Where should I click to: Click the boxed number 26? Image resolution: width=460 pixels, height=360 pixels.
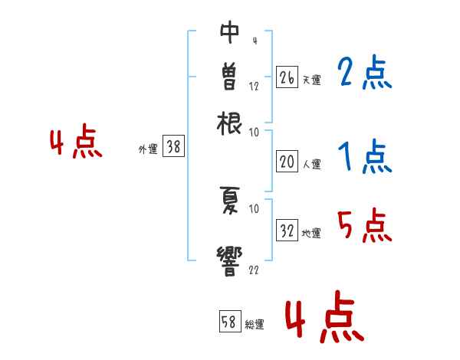tap(287, 77)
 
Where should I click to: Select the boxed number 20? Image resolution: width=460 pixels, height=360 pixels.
tap(287, 162)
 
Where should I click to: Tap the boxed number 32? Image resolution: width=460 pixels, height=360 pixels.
tap(287, 231)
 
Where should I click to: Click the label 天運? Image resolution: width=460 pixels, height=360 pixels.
tap(310, 80)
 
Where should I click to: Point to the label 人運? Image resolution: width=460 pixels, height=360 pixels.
tap(311, 164)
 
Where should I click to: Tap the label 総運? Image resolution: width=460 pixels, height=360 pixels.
tap(255, 325)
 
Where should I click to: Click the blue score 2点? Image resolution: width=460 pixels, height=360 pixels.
tap(364, 73)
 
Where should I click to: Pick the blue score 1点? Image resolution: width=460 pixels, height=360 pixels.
tap(364, 157)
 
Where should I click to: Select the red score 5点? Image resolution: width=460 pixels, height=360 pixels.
tap(364, 226)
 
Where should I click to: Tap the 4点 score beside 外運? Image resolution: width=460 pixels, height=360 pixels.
tap(76, 143)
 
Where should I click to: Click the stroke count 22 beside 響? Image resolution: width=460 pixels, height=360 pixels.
tap(254, 269)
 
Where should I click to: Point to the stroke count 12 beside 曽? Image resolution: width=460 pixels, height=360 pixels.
tap(254, 86)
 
